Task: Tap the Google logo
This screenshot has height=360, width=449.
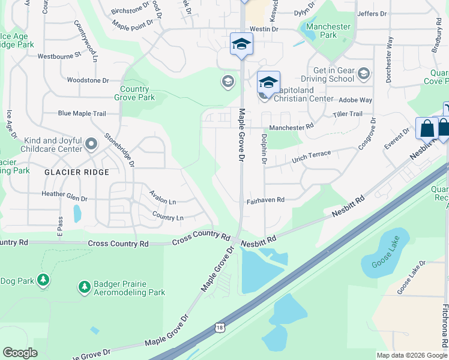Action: coord(20,353)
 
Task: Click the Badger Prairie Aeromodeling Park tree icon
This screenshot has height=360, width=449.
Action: coord(84,288)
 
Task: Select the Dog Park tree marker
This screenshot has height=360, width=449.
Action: coord(43,280)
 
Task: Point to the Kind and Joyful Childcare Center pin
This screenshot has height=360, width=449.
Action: coord(91,143)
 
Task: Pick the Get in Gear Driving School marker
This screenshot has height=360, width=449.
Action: coord(363,74)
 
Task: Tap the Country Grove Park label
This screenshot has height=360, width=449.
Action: coord(134,93)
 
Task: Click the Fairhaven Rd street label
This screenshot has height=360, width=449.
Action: coord(265,201)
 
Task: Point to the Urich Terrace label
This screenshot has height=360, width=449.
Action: coord(311,157)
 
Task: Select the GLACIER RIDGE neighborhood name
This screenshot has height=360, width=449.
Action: coord(76,172)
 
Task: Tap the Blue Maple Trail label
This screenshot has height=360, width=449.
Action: coord(82,113)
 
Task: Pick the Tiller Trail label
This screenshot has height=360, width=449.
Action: coord(348,114)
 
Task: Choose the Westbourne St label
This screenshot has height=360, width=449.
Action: coord(59,56)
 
